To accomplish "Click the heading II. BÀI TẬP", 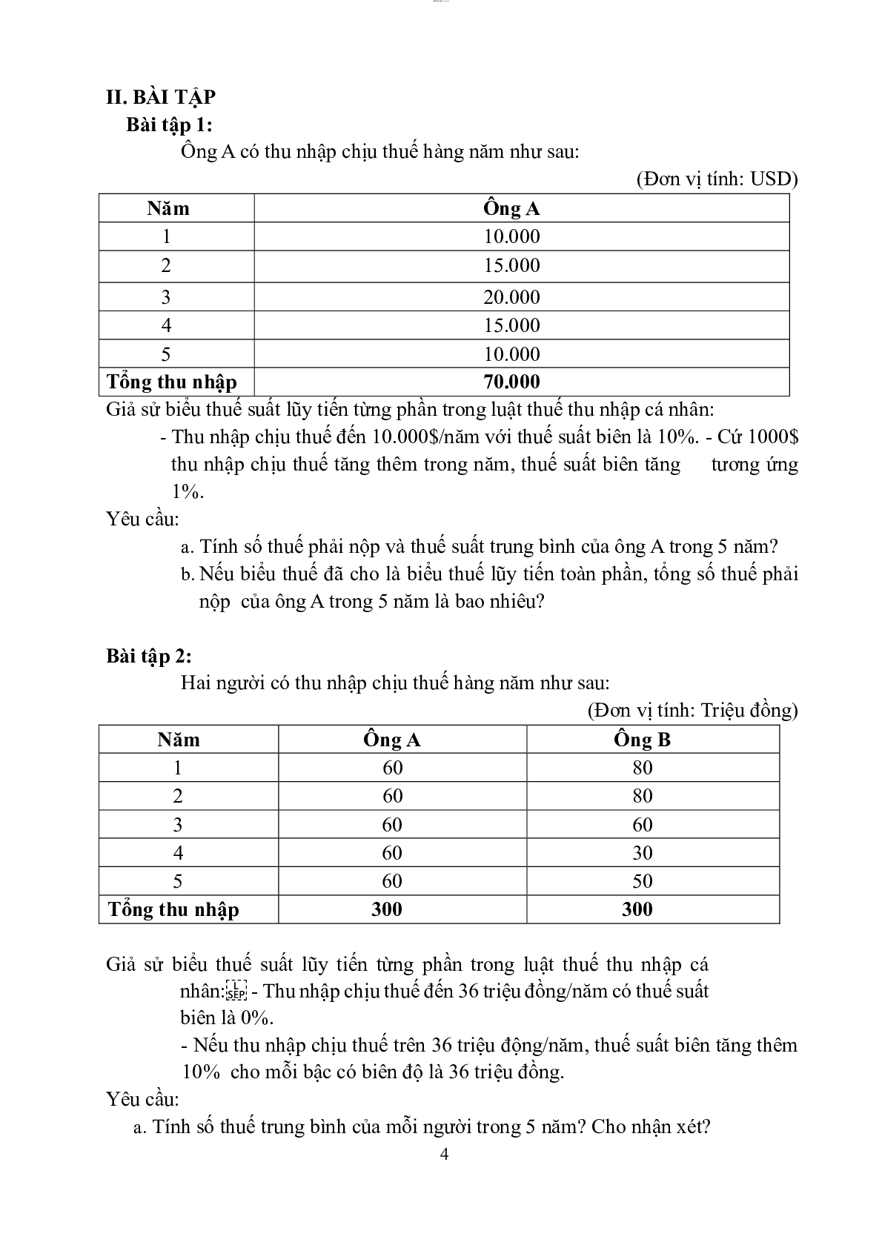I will coord(161,97).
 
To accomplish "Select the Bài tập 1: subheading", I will coord(169,125).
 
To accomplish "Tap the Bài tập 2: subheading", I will coord(149,656).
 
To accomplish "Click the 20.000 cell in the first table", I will coord(511,297).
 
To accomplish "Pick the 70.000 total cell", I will coord(511,382).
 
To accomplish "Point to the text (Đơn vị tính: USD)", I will coord(717,179).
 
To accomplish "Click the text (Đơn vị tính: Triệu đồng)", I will coord(692,710).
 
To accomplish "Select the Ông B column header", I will coord(642,740).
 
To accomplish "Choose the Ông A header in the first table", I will coord(511,209).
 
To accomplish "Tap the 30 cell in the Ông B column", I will coord(642,853).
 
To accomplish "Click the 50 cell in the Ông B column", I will coord(642,881).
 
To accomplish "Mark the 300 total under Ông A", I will coord(386,909).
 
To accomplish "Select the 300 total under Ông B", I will coord(637,909).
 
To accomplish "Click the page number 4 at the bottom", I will coord(444,1154).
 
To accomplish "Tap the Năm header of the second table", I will coord(179,740).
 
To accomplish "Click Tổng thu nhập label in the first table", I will coord(172,382).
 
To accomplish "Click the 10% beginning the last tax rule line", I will coord(201,1072).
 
